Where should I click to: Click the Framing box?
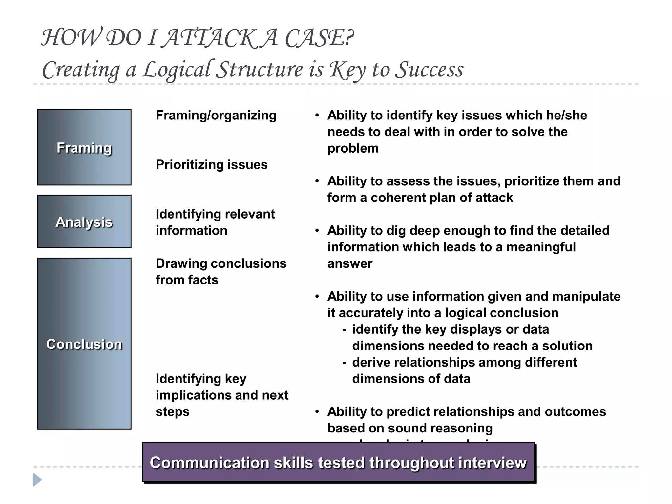click(x=84, y=147)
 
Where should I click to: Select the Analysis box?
click(x=84, y=221)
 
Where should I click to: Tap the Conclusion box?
click(x=84, y=344)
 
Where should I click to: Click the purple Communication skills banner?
click(x=338, y=462)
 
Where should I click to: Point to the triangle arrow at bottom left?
click(x=37, y=480)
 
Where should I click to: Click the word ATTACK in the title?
click(x=210, y=38)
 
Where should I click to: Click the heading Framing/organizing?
click(x=216, y=115)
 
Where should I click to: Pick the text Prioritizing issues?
click(x=211, y=164)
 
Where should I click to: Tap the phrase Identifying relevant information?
click(x=215, y=222)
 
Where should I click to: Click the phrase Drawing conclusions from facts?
click(x=220, y=271)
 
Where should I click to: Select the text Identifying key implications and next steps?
click(x=222, y=395)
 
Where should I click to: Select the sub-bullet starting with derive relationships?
click(x=464, y=370)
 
